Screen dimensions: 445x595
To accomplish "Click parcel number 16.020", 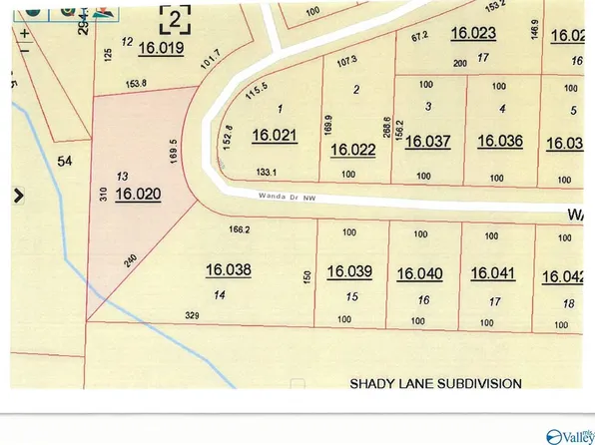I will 138,195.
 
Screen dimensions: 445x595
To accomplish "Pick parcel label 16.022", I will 352,150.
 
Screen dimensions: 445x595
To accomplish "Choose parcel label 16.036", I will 500,141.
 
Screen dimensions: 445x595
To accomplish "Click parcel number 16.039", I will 349,271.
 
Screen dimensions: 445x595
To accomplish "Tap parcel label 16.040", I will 419,273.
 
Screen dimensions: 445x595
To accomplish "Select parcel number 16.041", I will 492,273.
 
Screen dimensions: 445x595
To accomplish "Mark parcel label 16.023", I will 473,34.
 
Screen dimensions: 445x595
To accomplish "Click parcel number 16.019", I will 162,47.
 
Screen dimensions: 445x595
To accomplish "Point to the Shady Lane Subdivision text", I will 435,382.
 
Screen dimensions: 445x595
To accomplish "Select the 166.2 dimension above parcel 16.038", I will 239,229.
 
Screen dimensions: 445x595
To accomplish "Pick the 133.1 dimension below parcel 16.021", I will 267,172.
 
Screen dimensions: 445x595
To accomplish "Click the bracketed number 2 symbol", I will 176,17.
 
